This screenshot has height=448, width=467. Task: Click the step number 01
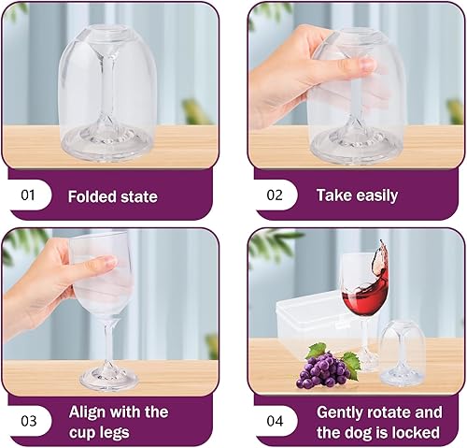[28, 195]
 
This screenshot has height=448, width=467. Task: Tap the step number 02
[275, 195]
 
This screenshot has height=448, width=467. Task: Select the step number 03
[28, 421]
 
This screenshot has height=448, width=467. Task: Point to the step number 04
[275, 421]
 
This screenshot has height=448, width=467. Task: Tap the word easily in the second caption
[377, 196]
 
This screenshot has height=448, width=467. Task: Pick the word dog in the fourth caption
[358, 433]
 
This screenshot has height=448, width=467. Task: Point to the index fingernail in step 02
[365, 65]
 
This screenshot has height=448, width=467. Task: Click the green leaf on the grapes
[316, 351]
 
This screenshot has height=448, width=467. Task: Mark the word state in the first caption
[139, 197]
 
